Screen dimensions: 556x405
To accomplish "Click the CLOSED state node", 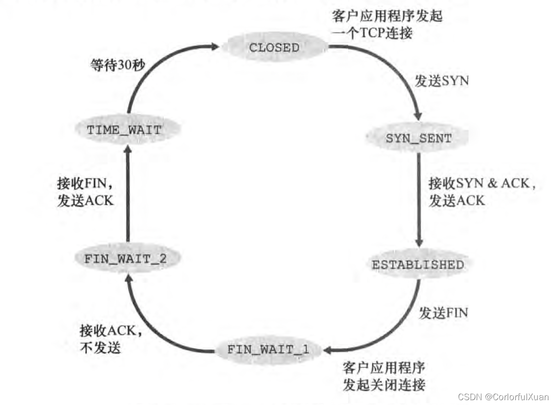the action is [274, 47].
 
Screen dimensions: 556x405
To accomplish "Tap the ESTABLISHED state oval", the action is [418, 264].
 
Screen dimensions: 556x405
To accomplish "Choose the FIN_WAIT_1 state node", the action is [268, 349].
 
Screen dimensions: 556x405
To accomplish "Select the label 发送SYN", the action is [441, 81].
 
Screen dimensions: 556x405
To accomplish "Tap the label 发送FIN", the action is [443, 313].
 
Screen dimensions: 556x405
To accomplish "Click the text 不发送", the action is [100, 347].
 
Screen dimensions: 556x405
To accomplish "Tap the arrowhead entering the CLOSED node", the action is [216, 47].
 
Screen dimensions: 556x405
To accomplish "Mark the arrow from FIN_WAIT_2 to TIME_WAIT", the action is [127, 193].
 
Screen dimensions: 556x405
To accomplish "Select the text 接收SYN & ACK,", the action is [482, 184].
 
